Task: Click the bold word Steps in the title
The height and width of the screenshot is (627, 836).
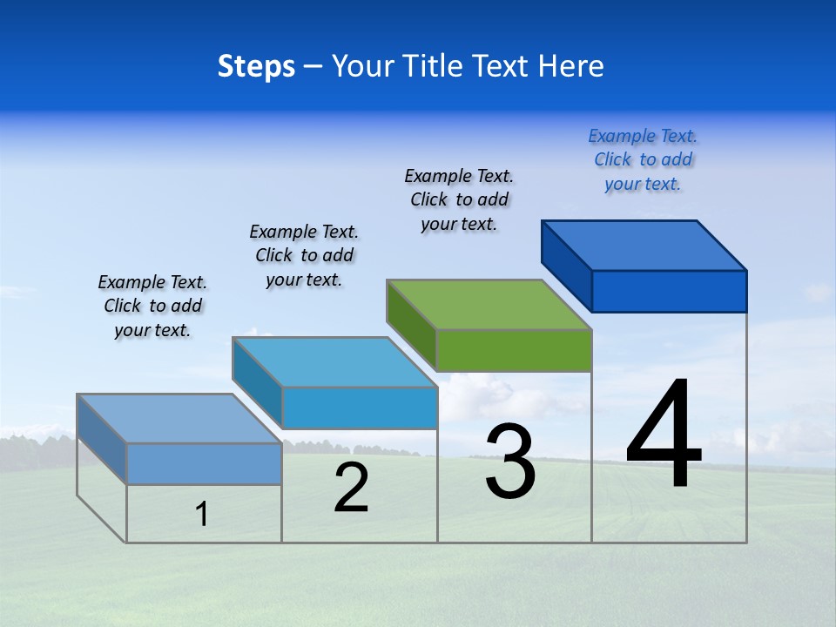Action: click(x=256, y=66)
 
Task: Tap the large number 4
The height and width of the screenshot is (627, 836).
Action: click(x=664, y=435)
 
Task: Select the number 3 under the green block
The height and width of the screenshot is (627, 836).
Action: click(x=510, y=462)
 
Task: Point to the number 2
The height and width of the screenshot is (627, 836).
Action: click(x=352, y=489)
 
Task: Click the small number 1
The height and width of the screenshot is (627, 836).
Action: click(x=202, y=515)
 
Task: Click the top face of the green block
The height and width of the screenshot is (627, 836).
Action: click(x=489, y=305)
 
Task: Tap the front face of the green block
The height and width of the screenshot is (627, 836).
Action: click(x=514, y=350)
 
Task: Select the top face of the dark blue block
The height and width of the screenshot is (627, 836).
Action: click(x=644, y=245)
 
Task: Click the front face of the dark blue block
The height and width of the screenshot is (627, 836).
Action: click(x=669, y=291)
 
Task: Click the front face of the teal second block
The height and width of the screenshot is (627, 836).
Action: click(x=360, y=408)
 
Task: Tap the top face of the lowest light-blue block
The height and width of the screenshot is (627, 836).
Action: click(x=179, y=419)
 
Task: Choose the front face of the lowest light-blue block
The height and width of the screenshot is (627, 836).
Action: click(x=204, y=463)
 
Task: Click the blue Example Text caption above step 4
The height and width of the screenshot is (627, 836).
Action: click(x=643, y=160)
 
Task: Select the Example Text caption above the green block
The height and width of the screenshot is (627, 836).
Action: click(x=459, y=200)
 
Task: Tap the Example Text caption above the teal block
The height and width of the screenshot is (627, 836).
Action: click(x=304, y=255)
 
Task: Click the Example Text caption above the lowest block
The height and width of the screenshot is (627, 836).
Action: click(x=152, y=306)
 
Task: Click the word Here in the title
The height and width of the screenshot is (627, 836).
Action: click(x=573, y=66)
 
